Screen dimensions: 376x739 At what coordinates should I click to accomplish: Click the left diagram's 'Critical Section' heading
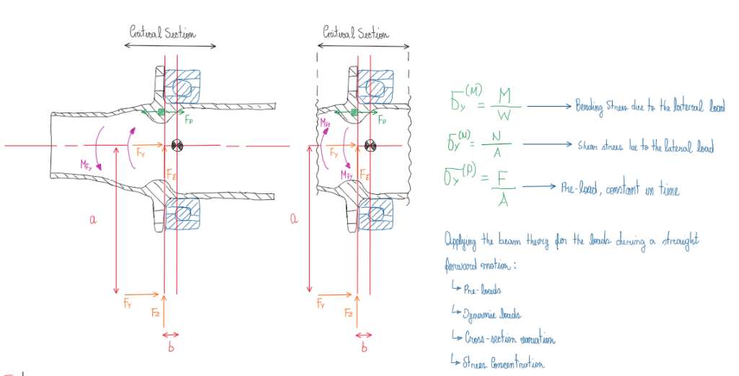click(162, 32)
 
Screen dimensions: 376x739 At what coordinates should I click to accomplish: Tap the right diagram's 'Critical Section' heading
click(355, 33)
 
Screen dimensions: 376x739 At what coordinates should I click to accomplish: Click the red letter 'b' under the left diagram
click(170, 349)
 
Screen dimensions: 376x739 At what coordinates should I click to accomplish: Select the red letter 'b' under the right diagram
click(364, 348)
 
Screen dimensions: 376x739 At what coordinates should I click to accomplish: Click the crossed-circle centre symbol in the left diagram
click(176, 147)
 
